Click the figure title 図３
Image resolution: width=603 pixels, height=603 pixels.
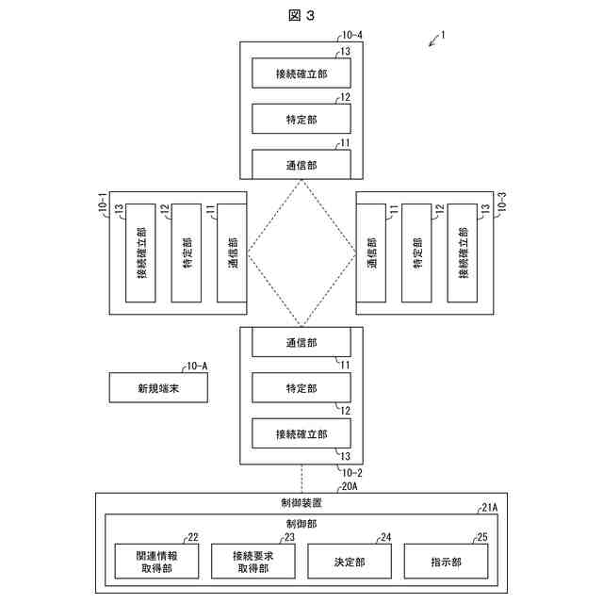pos(301,15)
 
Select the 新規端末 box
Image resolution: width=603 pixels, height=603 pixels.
pos(157,388)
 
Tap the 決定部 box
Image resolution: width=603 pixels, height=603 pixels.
pos(350,562)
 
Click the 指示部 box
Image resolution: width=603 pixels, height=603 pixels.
pos(446,562)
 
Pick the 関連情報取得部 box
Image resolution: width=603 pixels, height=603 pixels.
pos(157,562)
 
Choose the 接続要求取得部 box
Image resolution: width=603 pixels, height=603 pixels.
pos(253,562)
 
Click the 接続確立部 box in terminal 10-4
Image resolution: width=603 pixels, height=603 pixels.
pos(301,73)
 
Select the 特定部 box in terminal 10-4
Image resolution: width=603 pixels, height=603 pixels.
pos(301,119)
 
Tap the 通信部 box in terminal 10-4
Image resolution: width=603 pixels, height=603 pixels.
pos(301,164)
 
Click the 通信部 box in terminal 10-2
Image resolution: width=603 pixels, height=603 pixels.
pos(301,344)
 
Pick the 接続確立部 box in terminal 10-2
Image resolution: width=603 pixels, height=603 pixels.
pos(301,434)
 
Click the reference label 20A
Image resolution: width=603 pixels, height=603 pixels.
pos(350,487)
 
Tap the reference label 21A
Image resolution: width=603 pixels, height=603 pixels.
pos(489,508)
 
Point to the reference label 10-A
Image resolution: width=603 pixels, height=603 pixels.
pos(198,366)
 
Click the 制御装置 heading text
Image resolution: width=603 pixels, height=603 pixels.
pos(301,503)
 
